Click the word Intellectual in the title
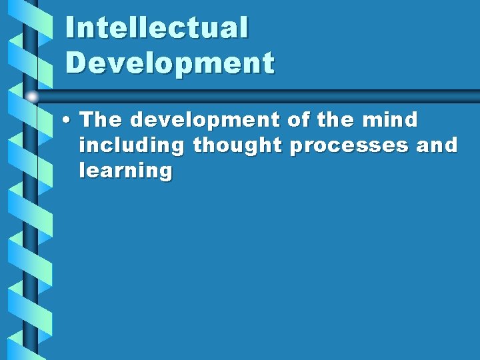click(157, 28)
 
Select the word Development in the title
click(170, 63)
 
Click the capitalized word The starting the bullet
click(101, 120)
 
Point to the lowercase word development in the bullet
click(206, 121)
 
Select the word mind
click(391, 120)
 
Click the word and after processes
click(437, 145)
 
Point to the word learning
click(125, 171)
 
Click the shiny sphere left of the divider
click(32, 97)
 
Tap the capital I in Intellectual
click(71, 28)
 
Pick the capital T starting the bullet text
click(87, 120)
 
